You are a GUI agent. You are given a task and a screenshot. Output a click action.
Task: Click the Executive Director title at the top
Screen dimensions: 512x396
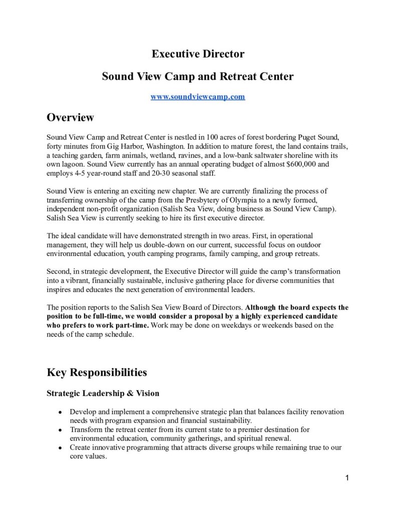198,54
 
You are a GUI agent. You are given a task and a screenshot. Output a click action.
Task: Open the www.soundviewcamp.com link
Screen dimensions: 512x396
198,96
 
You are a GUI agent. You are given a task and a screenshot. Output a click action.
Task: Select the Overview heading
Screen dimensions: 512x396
70,117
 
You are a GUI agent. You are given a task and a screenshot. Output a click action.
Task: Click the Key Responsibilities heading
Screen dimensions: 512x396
97,372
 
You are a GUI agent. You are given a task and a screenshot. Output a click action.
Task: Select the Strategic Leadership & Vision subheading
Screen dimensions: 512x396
103,393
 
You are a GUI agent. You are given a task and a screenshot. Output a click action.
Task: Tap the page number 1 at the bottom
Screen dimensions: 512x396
347,478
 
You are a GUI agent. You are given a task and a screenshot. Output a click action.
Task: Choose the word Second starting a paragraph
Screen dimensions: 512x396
59,271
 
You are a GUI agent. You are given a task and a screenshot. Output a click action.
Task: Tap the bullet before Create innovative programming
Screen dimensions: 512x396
60,448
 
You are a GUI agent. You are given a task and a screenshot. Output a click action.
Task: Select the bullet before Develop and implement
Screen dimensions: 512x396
60,412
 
